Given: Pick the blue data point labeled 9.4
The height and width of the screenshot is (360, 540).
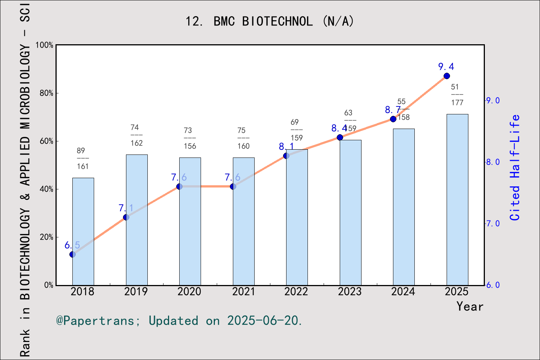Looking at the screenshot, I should [447, 76].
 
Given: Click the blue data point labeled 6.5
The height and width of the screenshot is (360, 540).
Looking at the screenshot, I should [73, 255].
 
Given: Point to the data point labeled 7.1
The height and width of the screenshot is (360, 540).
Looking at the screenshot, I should [126, 217].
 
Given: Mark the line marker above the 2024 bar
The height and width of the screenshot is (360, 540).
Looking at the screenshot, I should [393, 119].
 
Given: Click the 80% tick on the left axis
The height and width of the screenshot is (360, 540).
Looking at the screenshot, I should [46, 93].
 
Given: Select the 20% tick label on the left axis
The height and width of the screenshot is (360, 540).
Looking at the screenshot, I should [46, 237].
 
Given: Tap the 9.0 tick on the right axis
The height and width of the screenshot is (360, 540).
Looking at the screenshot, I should [493, 100].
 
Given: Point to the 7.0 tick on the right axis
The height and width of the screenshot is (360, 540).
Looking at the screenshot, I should [493, 223].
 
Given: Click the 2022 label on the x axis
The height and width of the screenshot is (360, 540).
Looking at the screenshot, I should [296, 292].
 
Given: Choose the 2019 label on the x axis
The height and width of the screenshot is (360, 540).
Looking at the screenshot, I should [136, 292].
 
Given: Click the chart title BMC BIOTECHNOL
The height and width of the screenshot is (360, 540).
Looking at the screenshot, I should [270, 21].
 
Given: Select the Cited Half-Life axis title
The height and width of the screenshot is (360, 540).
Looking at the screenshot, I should [515, 168].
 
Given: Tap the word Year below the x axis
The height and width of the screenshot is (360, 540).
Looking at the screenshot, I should [470, 307].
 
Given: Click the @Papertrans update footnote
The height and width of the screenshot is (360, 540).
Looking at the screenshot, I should [179, 321].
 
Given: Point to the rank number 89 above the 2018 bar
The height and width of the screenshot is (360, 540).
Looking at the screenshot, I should [81, 151].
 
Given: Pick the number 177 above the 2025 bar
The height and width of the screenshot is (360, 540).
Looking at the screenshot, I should [457, 103].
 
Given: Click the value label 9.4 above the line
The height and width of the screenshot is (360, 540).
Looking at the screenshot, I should [446, 67].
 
